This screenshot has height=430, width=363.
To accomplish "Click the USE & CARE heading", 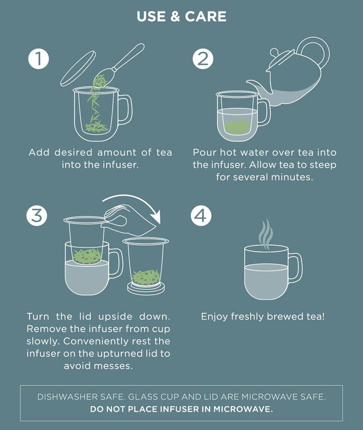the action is (181, 16).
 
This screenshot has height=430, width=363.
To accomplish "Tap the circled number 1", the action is (39, 59).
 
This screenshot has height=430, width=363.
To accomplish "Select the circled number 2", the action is (203, 59).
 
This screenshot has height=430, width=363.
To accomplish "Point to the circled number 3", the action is (37, 215).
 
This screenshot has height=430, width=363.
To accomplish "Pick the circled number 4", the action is (201, 215).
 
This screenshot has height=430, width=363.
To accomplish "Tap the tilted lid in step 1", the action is (78, 68).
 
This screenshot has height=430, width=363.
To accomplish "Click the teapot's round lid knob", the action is (274, 52).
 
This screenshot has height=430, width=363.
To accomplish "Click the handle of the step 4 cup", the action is (296, 268).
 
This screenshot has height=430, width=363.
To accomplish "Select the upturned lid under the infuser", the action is (146, 289).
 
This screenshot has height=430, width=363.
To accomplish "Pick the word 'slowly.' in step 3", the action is (44, 341).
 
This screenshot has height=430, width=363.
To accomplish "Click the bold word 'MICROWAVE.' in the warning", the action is (243, 409).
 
